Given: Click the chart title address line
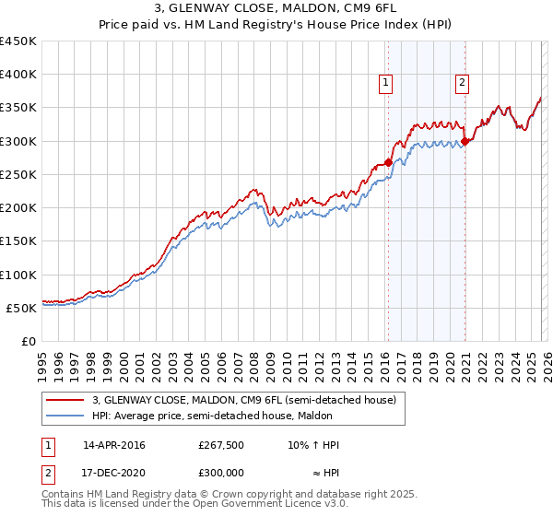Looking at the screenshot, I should [x=276, y=7].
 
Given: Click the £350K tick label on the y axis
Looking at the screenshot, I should [x=18, y=108].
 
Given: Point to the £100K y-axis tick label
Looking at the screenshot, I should [x=18, y=275].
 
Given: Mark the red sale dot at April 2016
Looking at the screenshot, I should [x=388, y=162].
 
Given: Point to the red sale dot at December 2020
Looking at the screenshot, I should [x=465, y=141].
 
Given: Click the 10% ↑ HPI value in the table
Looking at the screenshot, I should [x=313, y=445].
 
